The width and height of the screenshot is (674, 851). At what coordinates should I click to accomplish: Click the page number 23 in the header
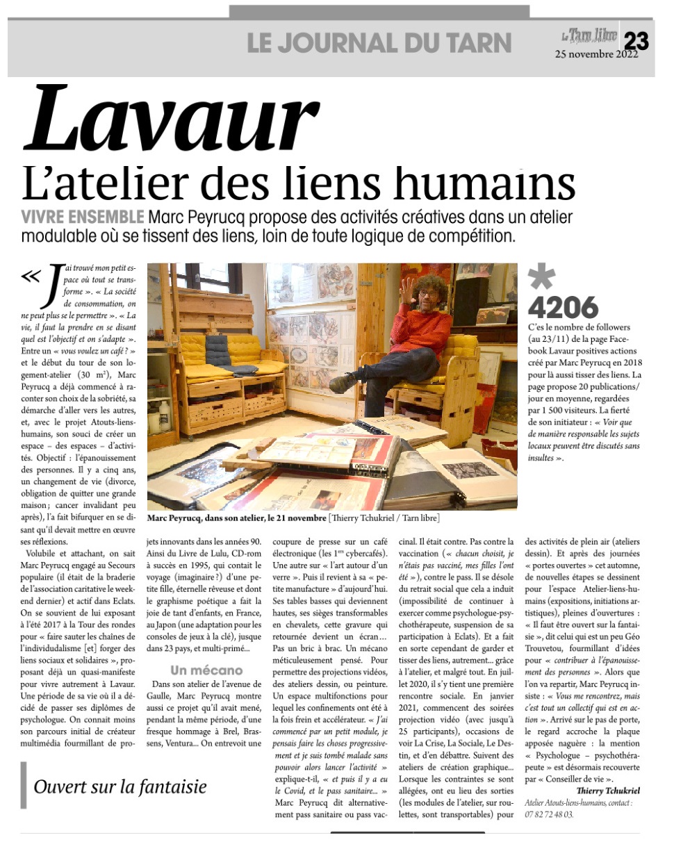636,42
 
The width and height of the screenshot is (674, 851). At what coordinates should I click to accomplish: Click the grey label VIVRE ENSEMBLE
83,216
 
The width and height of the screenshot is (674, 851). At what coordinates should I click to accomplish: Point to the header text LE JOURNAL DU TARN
379,43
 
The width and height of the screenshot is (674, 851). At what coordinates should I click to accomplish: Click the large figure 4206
563,307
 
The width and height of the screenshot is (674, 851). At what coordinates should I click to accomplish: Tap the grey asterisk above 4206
542,278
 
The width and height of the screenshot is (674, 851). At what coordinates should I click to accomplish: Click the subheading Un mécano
207,670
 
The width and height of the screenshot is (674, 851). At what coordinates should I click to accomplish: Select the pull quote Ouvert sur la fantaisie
120,786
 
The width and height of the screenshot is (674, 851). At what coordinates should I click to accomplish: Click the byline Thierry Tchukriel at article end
607,790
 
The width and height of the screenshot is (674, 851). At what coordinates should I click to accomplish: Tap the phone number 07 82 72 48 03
550,813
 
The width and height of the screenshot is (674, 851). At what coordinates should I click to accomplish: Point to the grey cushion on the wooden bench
229,366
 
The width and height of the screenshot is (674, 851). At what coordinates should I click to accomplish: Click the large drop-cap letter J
51,292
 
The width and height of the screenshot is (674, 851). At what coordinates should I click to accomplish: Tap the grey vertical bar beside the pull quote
24,785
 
